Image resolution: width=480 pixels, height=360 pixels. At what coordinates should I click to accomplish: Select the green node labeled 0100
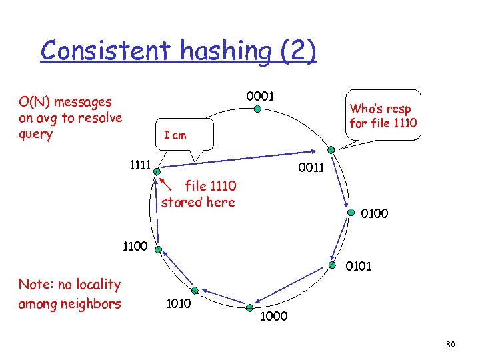pyautogui.click(x=351, y=213)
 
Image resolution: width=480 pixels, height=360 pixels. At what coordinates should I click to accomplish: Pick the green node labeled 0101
pyautogui.click(x=329, y=267)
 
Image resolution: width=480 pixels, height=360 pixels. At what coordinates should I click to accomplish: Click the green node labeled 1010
pyautogui.click(x=195, y=290)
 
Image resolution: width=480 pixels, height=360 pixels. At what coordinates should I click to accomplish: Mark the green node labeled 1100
pyautogui.click(x=158, y=250)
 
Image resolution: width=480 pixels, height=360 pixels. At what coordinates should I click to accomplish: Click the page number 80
pyautogui.click(x=450, y=344)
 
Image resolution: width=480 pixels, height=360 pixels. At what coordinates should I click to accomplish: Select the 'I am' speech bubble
pyautogui.click(x=176, y=135)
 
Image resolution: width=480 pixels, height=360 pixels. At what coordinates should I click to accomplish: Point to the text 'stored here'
pyautogui.click(x=198, y=202)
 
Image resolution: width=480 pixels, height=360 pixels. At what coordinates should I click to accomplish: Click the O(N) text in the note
pyautogui.click(x=35, y=102)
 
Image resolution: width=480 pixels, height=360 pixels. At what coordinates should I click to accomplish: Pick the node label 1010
pyautogui.click(x=178, y=304)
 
